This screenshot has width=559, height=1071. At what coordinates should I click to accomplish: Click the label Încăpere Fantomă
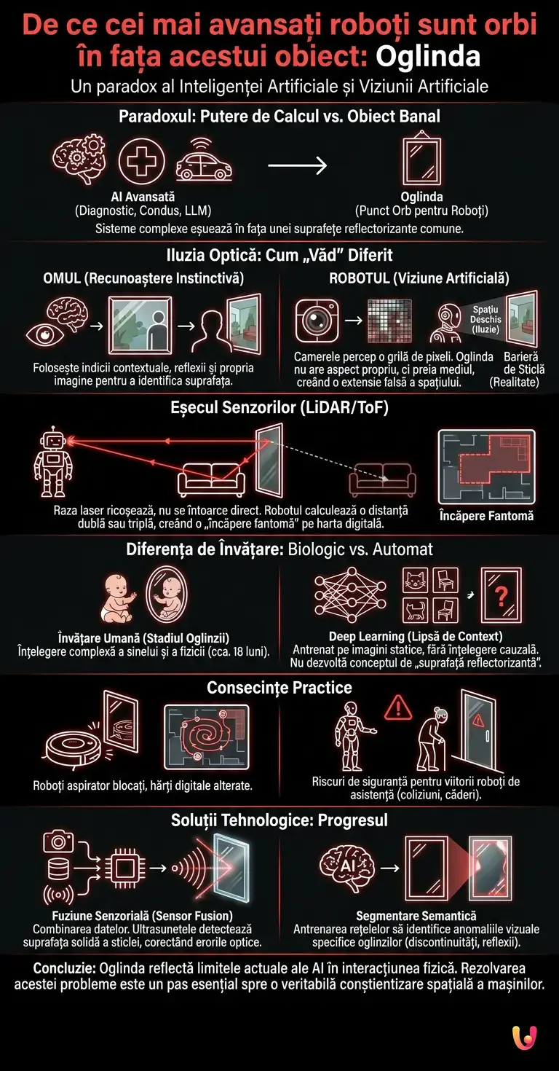[x=486, y=515]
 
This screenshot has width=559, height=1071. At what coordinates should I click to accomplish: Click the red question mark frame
[x=501, y=596]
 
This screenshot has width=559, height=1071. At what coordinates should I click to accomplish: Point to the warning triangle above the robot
[x=398, y=706]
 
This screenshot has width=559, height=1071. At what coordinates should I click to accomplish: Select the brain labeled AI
[x=347, y=867]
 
